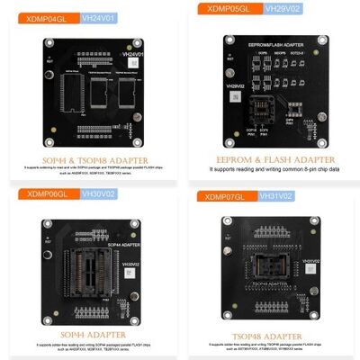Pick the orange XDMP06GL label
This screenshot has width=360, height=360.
pyautogui.click(x=31, y=193)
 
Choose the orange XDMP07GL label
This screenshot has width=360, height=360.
pyautogui.click(x=226, y=195)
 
